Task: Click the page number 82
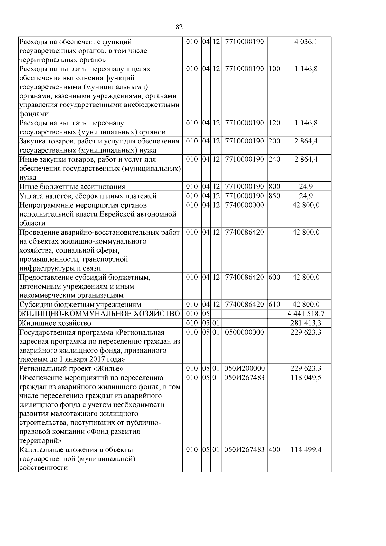179,27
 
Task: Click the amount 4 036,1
306,42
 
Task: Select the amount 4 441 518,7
306,314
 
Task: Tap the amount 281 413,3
306,323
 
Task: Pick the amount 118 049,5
306,377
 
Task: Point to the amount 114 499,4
306,450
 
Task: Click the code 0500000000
244,332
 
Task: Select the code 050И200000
244,368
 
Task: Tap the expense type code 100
274,69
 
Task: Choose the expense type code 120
274,123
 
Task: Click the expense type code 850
274,196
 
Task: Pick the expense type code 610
274,304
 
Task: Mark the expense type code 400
274,450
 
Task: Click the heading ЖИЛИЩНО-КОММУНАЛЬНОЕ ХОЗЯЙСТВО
100,314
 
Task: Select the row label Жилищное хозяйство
55,323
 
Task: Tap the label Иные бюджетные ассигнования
72,187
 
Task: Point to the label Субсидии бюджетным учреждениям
80,305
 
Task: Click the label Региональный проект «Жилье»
71,368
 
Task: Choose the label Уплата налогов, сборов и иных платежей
88,196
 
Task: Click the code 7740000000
244,205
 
